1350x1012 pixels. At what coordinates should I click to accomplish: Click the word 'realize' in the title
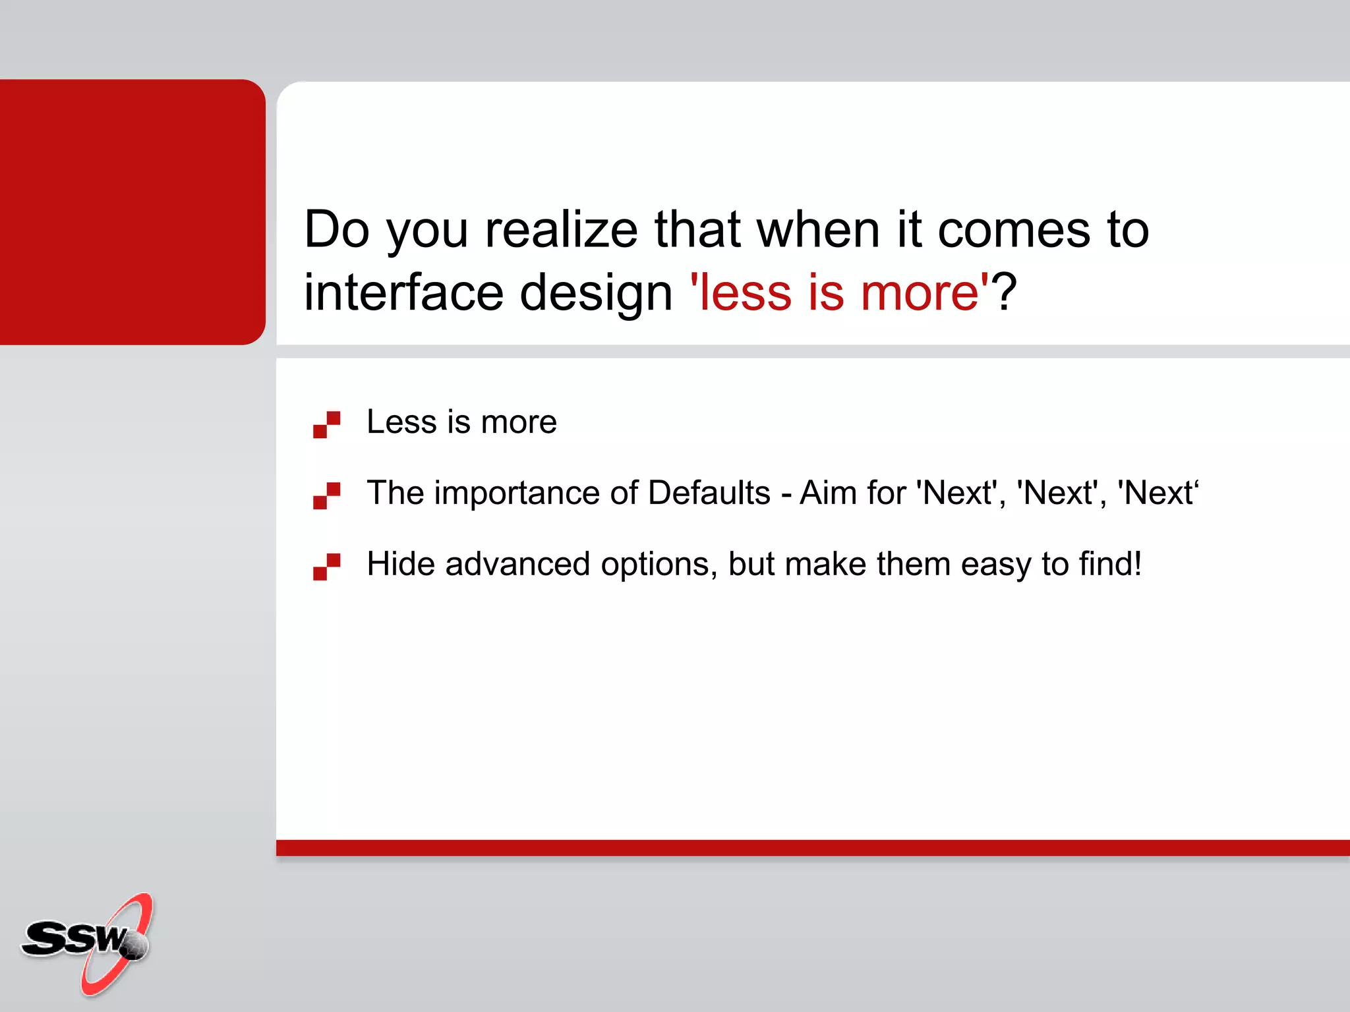(x=561, y=230)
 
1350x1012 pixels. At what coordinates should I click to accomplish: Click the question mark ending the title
(x=1005, y=293)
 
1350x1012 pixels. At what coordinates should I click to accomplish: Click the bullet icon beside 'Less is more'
(x=327, y=424)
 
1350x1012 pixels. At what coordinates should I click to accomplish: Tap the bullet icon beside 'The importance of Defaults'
(x=327, y=495)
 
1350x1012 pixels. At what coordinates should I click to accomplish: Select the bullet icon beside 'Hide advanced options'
(x=327, y=567)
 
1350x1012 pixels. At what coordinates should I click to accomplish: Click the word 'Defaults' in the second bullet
(x=709, y=493)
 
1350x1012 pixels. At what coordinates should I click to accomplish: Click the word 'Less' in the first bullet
(x=401, y=422)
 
